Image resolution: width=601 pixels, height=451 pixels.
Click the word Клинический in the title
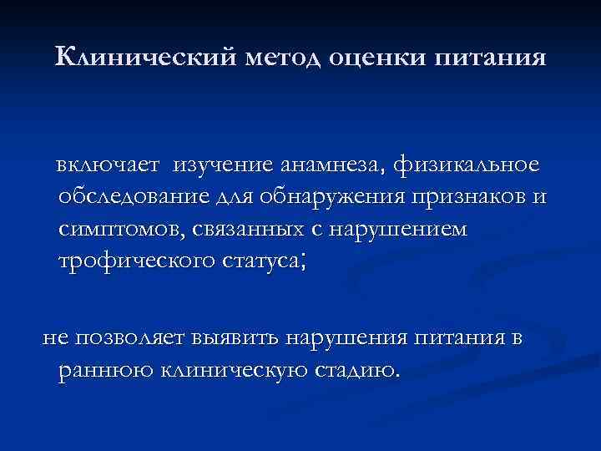147,58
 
